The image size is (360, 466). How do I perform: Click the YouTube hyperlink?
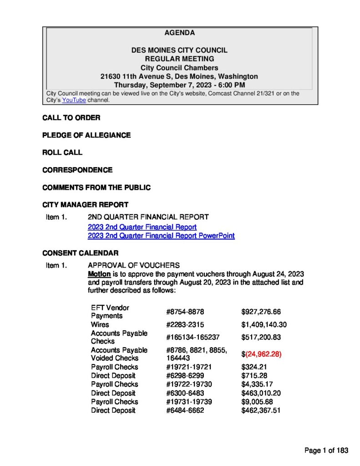pyautogui.click(x=74, y=100)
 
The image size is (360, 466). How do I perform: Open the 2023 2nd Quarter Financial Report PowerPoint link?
pyautogui.click(x=161, y=236)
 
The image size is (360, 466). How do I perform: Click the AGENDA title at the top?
pyautogui.click(x=179, y=33)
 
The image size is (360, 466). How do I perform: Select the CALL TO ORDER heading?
pyautogui.click(x=71, y=118)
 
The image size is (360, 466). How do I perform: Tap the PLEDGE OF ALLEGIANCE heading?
pyautogui.click(x=86, y=135)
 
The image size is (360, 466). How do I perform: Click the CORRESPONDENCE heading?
pyautogui.click(x=77, y=170)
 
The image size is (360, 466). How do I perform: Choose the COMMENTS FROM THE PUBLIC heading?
pyautogui.click(x=96, y=187)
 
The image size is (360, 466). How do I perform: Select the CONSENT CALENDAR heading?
pyautogui.click(x=81, y=253)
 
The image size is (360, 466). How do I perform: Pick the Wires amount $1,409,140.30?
pyautogui.click(x=264, y=324)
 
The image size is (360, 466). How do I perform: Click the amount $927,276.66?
pyautogui.click(x=261, y=312)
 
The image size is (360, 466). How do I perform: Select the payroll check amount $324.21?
pyautogui.click(x=254, y=367)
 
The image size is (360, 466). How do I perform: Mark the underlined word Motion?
pyautogui.click(x=99, y=274)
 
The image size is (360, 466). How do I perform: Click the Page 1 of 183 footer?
pyautogui.click(x=326, y=451)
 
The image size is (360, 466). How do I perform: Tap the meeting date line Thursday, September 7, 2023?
pyautogui.click(x=179, y=85)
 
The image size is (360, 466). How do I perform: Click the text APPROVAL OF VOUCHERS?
pyautogui.click(x=134, y=265)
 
